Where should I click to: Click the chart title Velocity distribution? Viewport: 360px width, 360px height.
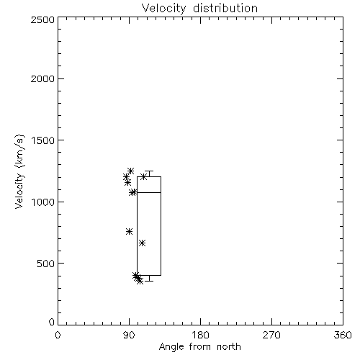tap(199, 8)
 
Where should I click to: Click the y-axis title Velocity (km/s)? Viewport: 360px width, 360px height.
tap(19, 171)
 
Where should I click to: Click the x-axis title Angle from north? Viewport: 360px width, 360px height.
tap(199, 347)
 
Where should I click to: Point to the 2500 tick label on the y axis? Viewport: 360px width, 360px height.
tap(42, 19)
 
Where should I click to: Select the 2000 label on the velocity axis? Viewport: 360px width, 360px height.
tap(42, 78)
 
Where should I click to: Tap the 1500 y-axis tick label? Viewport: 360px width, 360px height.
tap(43, 140)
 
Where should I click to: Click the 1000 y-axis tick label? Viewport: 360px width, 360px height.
tap(43, 202)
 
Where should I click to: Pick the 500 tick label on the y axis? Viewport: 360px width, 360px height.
tap(46, 264)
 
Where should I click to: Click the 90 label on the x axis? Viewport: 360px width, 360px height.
tap(129, 335)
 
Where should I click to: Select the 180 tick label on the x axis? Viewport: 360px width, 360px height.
tap(200, 335)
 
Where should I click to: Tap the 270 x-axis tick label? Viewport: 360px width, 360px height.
tap(271, 335)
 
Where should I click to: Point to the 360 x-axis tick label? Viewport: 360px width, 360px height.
tap(343, 335)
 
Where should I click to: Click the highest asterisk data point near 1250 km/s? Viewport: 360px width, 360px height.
tap(130, 171)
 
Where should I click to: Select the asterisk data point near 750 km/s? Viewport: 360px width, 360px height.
tap(129, 232)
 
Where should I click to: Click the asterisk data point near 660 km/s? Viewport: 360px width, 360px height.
tap(142, 243)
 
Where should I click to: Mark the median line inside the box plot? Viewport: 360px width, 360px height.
tap(149, 192)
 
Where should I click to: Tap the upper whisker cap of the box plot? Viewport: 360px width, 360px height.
tap(149, 171)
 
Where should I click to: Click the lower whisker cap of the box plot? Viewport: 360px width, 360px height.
tap(149, 281)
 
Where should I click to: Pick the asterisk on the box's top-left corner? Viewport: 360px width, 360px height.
tap(143, 177)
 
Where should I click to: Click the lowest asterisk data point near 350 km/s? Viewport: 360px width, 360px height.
tap(140, 281)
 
